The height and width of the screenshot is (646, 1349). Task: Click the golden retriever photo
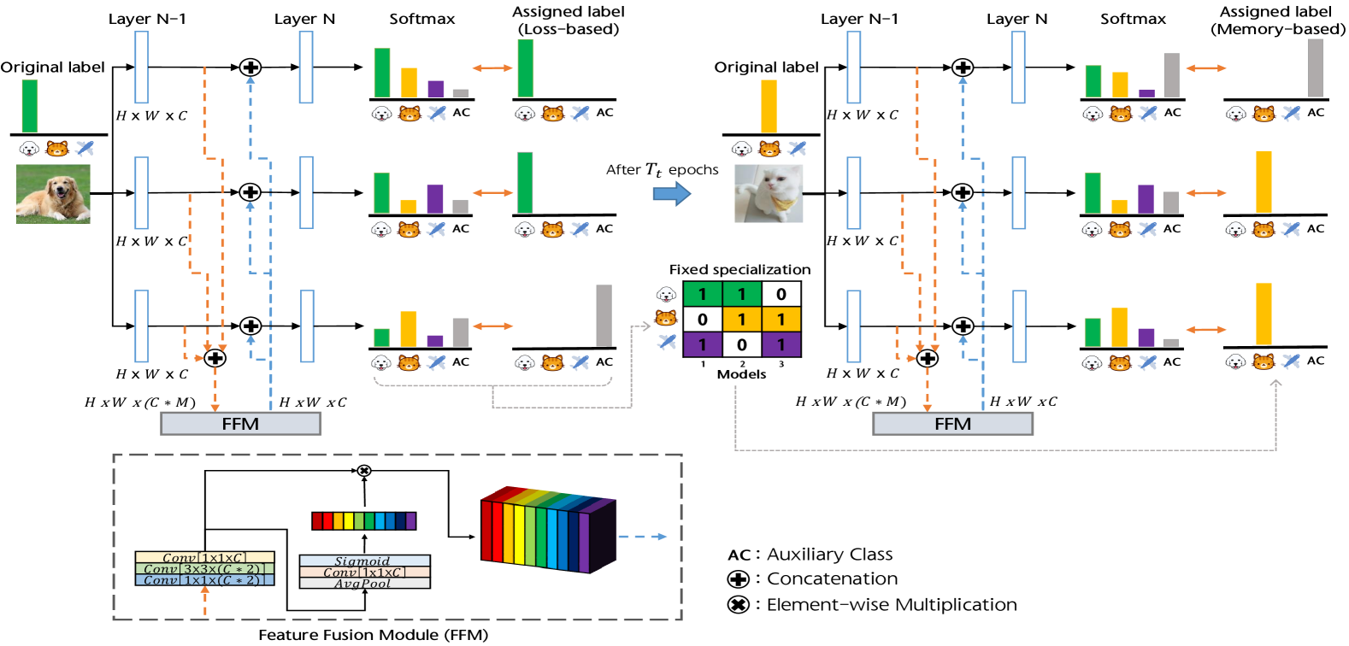53,195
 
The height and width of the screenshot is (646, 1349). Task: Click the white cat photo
769,194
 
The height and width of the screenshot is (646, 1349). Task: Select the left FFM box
240,424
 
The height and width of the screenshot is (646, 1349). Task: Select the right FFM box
952,424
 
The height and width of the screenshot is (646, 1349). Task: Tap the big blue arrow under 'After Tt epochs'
672,194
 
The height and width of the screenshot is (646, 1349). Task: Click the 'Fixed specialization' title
739,270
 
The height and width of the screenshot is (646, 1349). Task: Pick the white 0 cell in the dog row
781,294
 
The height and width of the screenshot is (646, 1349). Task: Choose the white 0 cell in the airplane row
742,344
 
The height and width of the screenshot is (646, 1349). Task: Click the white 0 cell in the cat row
703,320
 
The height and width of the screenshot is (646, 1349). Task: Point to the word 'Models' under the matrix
741,374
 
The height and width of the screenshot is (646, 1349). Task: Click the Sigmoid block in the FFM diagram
364,561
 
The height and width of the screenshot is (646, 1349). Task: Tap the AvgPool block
364,584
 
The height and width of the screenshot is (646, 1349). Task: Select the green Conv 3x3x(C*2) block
204,569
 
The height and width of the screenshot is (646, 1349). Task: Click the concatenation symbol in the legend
738,579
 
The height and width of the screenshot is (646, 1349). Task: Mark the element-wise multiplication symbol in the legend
738,605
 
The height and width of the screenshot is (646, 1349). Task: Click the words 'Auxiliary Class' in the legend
829,555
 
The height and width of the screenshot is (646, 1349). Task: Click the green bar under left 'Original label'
30,106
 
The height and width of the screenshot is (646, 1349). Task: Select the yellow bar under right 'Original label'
769,106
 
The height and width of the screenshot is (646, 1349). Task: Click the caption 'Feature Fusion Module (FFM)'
374,635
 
